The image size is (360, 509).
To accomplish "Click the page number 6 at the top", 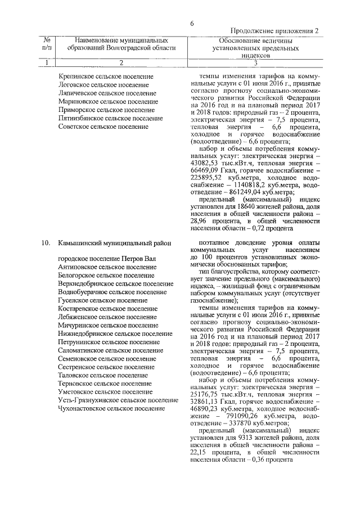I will (192, 24).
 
